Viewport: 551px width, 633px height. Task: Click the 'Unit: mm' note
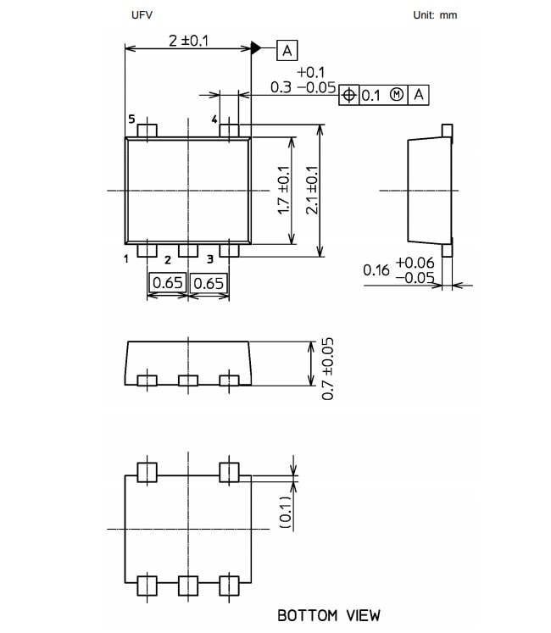coord(435,15)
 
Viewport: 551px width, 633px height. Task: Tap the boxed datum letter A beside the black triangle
coord(287,51)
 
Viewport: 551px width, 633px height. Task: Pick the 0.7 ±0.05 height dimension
coord(328,369)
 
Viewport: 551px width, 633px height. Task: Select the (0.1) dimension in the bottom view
coord(286,514)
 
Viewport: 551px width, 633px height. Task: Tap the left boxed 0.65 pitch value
coord(167,283)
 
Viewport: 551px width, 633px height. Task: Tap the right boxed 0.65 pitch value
coord(208,283)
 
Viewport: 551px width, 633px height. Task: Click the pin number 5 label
coord(132,120)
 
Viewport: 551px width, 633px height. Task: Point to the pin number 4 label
coord(214,120)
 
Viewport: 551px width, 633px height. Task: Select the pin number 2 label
coord(168,259)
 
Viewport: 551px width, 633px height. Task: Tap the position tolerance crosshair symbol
coord(348,95)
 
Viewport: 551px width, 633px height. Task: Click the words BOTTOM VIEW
coord(329,615)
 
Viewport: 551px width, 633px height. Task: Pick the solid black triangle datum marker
coord(256,49)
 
